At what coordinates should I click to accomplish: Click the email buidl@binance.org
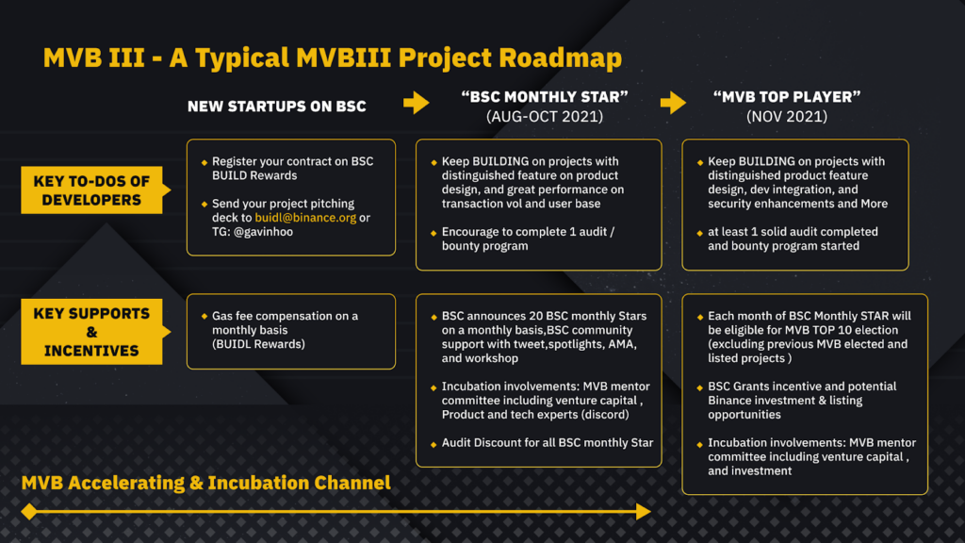pyautogui.click(x=305, y=218)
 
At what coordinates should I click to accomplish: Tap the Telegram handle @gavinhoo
pyautogui.click(x=264, y=232)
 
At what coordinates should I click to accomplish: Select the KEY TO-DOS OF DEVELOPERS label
pyautogui.click(x=91, y=190)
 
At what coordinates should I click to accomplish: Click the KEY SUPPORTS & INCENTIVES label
pyautogui.click(x=91, y=332)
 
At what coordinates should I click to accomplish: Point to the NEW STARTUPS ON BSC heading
pyautogui.click(x=277, y=107)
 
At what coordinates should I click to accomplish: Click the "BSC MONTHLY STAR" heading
pyautogui.click(x=545, y=97)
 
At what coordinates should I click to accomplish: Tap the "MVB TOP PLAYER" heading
pyautogui.click(x=787, y=97)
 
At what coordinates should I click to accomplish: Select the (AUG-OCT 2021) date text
pyautogui.click(x=545, y=116)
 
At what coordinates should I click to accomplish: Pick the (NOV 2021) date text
pyautogui.click(x=787, y=116)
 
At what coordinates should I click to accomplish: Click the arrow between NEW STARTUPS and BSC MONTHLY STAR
pyautogui.click(x=417, y=103)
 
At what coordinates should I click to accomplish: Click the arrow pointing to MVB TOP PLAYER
pyautogui.click(x=673, y=103)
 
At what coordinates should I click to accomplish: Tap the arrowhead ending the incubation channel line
pyautogui.click(x=644, y=512)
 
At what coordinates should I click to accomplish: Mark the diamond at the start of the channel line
pyautogui.click(x=29, y=512)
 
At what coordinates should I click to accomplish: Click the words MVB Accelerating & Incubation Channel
pyautogui.click(x=205, y=483)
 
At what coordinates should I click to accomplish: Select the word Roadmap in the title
pyautogui.click(x=560, y=58)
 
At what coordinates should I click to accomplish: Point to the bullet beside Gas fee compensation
pyautogui.click(x=204, y=317)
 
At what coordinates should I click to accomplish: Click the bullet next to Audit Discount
pyautogui.click(x=433, y=444)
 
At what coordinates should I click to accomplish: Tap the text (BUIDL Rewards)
pyautogui.click(x=258, y=344)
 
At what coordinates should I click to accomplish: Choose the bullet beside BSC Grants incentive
pyautogui.click(x=700, y=387)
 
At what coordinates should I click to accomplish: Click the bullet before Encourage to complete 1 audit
pyautogui.click(x=433, y=234)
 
